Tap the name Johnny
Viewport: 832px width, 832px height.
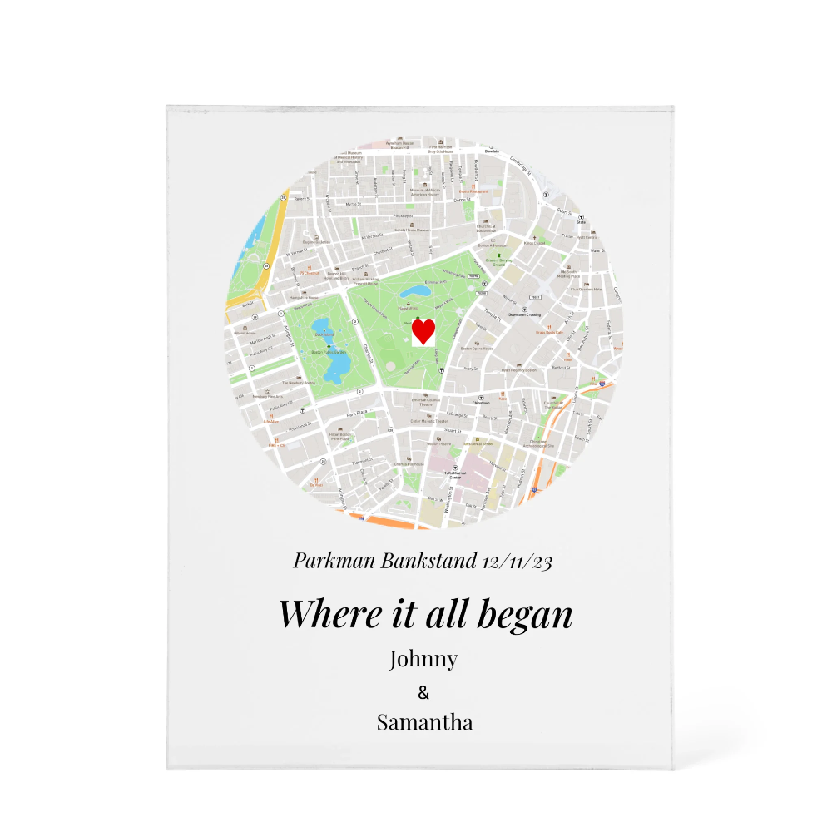pyautogui.click(x=423, y=659)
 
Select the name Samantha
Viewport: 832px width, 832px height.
pyautogui.click(x=424, y=721)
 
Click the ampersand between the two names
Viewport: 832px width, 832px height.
pyautogui.click(x=423, y=692)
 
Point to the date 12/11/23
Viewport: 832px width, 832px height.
pyautogui.click(x=517, y=561)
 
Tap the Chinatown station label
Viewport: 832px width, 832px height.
pyautogui.click(x=480, y=402)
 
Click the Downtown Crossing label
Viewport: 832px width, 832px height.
pyautogui.click(x=525, y=315)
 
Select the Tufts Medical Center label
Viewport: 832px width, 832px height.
pyautogui.click(x=454, y=475)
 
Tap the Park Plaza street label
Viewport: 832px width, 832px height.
pyautogui.click(x=357, y=413)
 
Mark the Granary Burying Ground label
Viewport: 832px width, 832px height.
pyautogui.click(x=502, y=265)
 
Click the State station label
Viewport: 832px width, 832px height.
pyautogui.click(x=582, y=222)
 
